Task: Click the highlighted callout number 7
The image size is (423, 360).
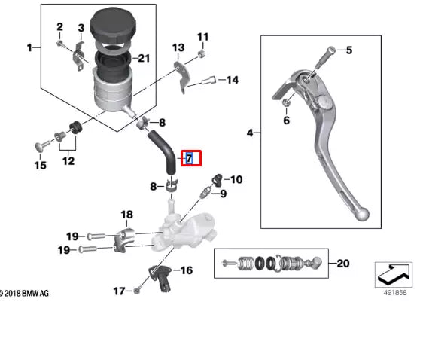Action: click(190, 158)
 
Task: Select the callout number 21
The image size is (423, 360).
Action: click(143, 59)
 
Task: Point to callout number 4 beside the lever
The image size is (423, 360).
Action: click(250, 133)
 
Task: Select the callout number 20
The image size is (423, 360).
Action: click(343, 264)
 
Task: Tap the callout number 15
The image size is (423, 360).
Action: click(40, 165)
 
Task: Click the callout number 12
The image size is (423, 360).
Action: click(68, 160)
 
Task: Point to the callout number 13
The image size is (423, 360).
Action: click(178, 47)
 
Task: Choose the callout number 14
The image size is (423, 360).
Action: click(232, 80)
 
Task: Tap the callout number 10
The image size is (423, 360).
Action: click(236, 179)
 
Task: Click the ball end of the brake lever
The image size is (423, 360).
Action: click(364, 215)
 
